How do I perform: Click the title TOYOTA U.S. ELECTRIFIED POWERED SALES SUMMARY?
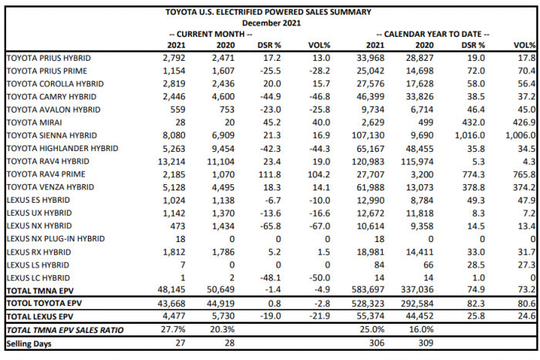tap(268, 12)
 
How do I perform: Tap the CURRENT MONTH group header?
tap(211, 34)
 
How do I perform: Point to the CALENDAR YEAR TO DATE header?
tap(433, 34)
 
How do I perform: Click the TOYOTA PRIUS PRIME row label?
tap(48, 69)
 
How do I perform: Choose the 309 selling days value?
tap(418, 343)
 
